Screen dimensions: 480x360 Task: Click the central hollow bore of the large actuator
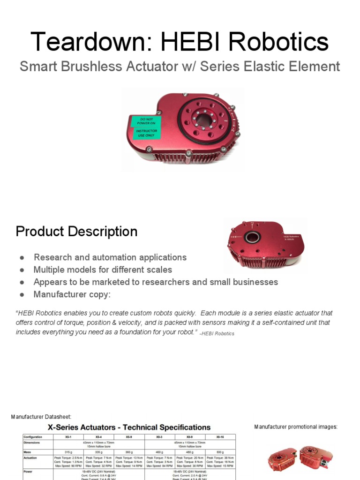[204, 120]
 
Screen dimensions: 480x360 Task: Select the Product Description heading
[76, 232]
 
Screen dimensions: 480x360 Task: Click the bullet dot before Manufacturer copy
[22, 295]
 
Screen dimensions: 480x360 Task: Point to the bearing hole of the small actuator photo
[252, 237]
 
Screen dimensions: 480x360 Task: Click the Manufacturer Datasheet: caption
[41, 417]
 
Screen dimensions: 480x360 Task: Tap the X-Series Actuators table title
[129, 427]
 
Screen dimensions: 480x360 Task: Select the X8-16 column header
[220, 437]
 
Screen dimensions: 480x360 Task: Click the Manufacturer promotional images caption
[296, 427]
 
